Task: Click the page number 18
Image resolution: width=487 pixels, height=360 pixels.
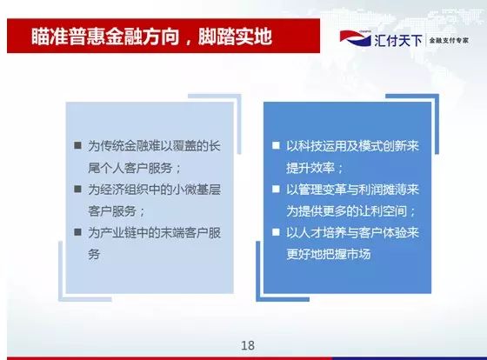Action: click(x=248, y=345)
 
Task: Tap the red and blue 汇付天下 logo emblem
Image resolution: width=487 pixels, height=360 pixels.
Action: click(x=356, y=38)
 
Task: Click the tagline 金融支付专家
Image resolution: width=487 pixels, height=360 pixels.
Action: click(x=449, y=40)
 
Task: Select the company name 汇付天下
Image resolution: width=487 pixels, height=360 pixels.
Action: click(x=398, y=40)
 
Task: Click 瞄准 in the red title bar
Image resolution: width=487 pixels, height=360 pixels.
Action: click(x=50, y=37)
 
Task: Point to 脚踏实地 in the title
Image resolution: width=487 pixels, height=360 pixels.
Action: click(x=235, y=37)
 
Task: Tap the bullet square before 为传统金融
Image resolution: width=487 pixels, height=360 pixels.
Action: click(x=77, y=145)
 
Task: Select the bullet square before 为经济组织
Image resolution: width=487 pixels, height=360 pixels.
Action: click(x=77, y=189)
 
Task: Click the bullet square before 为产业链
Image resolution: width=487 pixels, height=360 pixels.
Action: click(x=77, y=232)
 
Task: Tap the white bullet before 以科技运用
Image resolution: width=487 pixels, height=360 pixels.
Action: click(x=276, y=145)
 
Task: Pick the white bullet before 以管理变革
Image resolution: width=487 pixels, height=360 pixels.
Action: click(x=276, y=189)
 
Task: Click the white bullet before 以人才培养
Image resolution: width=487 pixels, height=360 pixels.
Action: click(x=276, y=232)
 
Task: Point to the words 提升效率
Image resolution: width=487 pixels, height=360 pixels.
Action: click(x=310, y=168)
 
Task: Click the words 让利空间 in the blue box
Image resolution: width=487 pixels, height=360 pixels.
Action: click(x=383, y=211)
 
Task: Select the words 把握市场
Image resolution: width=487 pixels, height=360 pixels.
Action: click(x=347, y=255)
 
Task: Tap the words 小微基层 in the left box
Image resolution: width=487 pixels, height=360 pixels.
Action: click(x=197, y=190)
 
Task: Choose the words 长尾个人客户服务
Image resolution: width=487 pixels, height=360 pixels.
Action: click(x=130, y=168)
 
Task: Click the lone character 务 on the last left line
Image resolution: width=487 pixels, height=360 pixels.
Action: click(x=94, y=255)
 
